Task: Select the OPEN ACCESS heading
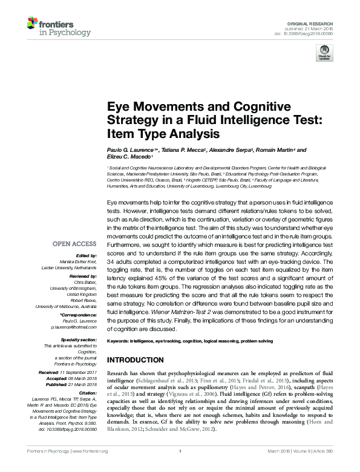[x=74, y=243]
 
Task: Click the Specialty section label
[x=77, y=340]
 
